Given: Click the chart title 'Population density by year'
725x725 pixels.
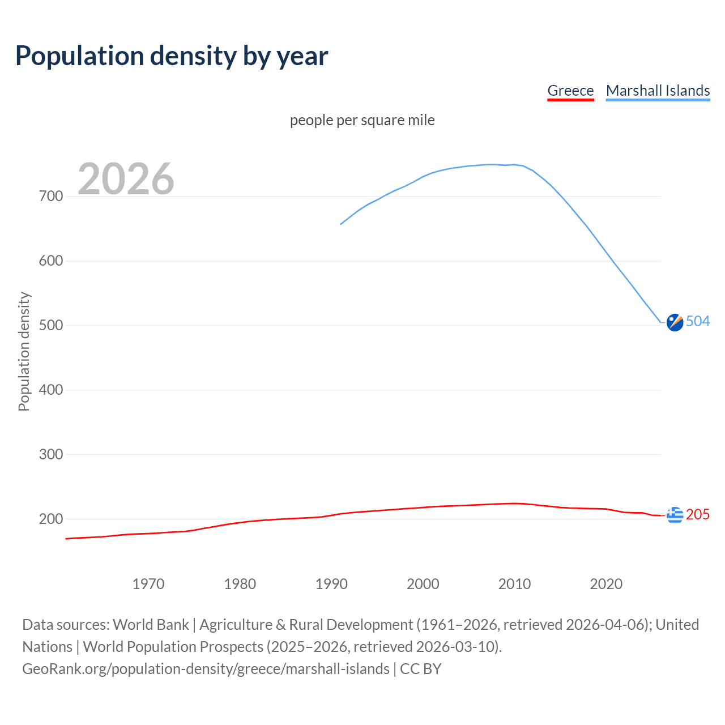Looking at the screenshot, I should click(x=172, y=56).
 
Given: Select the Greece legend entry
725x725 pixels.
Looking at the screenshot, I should click(x=570, y=91).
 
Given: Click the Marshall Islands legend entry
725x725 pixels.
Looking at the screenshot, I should click(x=658, y=91).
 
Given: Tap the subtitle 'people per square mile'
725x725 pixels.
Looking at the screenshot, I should click(x=362, y=120).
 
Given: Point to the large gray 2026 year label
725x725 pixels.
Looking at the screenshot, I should click(x=126, y=179).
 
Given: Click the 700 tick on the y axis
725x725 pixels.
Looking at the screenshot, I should click(x=50, y=197).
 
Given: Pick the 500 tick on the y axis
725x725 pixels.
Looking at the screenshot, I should click(x=50, y=326).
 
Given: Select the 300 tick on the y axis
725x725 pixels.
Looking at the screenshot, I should click(x=50, y=454).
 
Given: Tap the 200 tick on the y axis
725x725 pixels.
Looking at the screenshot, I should click(x=50, y=519).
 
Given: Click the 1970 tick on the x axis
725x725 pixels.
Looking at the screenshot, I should click(x=148, y=584).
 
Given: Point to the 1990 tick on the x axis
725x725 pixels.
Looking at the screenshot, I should click(x=331, y=584).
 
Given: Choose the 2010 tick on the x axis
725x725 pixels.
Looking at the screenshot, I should click(x=514, y=584).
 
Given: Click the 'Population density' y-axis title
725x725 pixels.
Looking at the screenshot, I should click(x=24, y=351).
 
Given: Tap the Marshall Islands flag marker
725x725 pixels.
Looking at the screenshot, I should click(x=675, y=322).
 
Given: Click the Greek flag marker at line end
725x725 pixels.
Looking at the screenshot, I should click(x=675, y=515).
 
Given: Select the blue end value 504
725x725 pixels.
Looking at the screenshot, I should click(x=698, y=322).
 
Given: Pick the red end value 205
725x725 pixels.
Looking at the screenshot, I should click(x=698, y=514).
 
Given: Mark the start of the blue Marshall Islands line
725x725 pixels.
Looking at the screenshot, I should click(x=341, y=224).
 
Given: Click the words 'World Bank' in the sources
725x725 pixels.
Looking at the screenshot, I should click(x=151, y=625).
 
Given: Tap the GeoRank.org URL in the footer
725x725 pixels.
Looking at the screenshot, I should click(x=206, y=669).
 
